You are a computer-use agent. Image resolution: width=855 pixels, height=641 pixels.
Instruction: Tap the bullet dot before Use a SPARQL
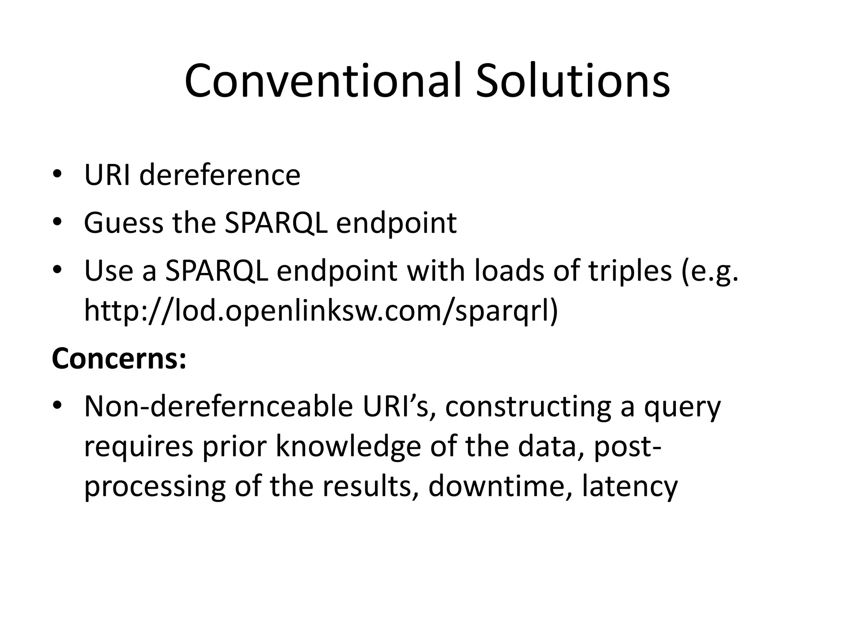[x=57, y=270]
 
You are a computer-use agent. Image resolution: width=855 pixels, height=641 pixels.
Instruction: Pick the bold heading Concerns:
[x=119, y=359]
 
